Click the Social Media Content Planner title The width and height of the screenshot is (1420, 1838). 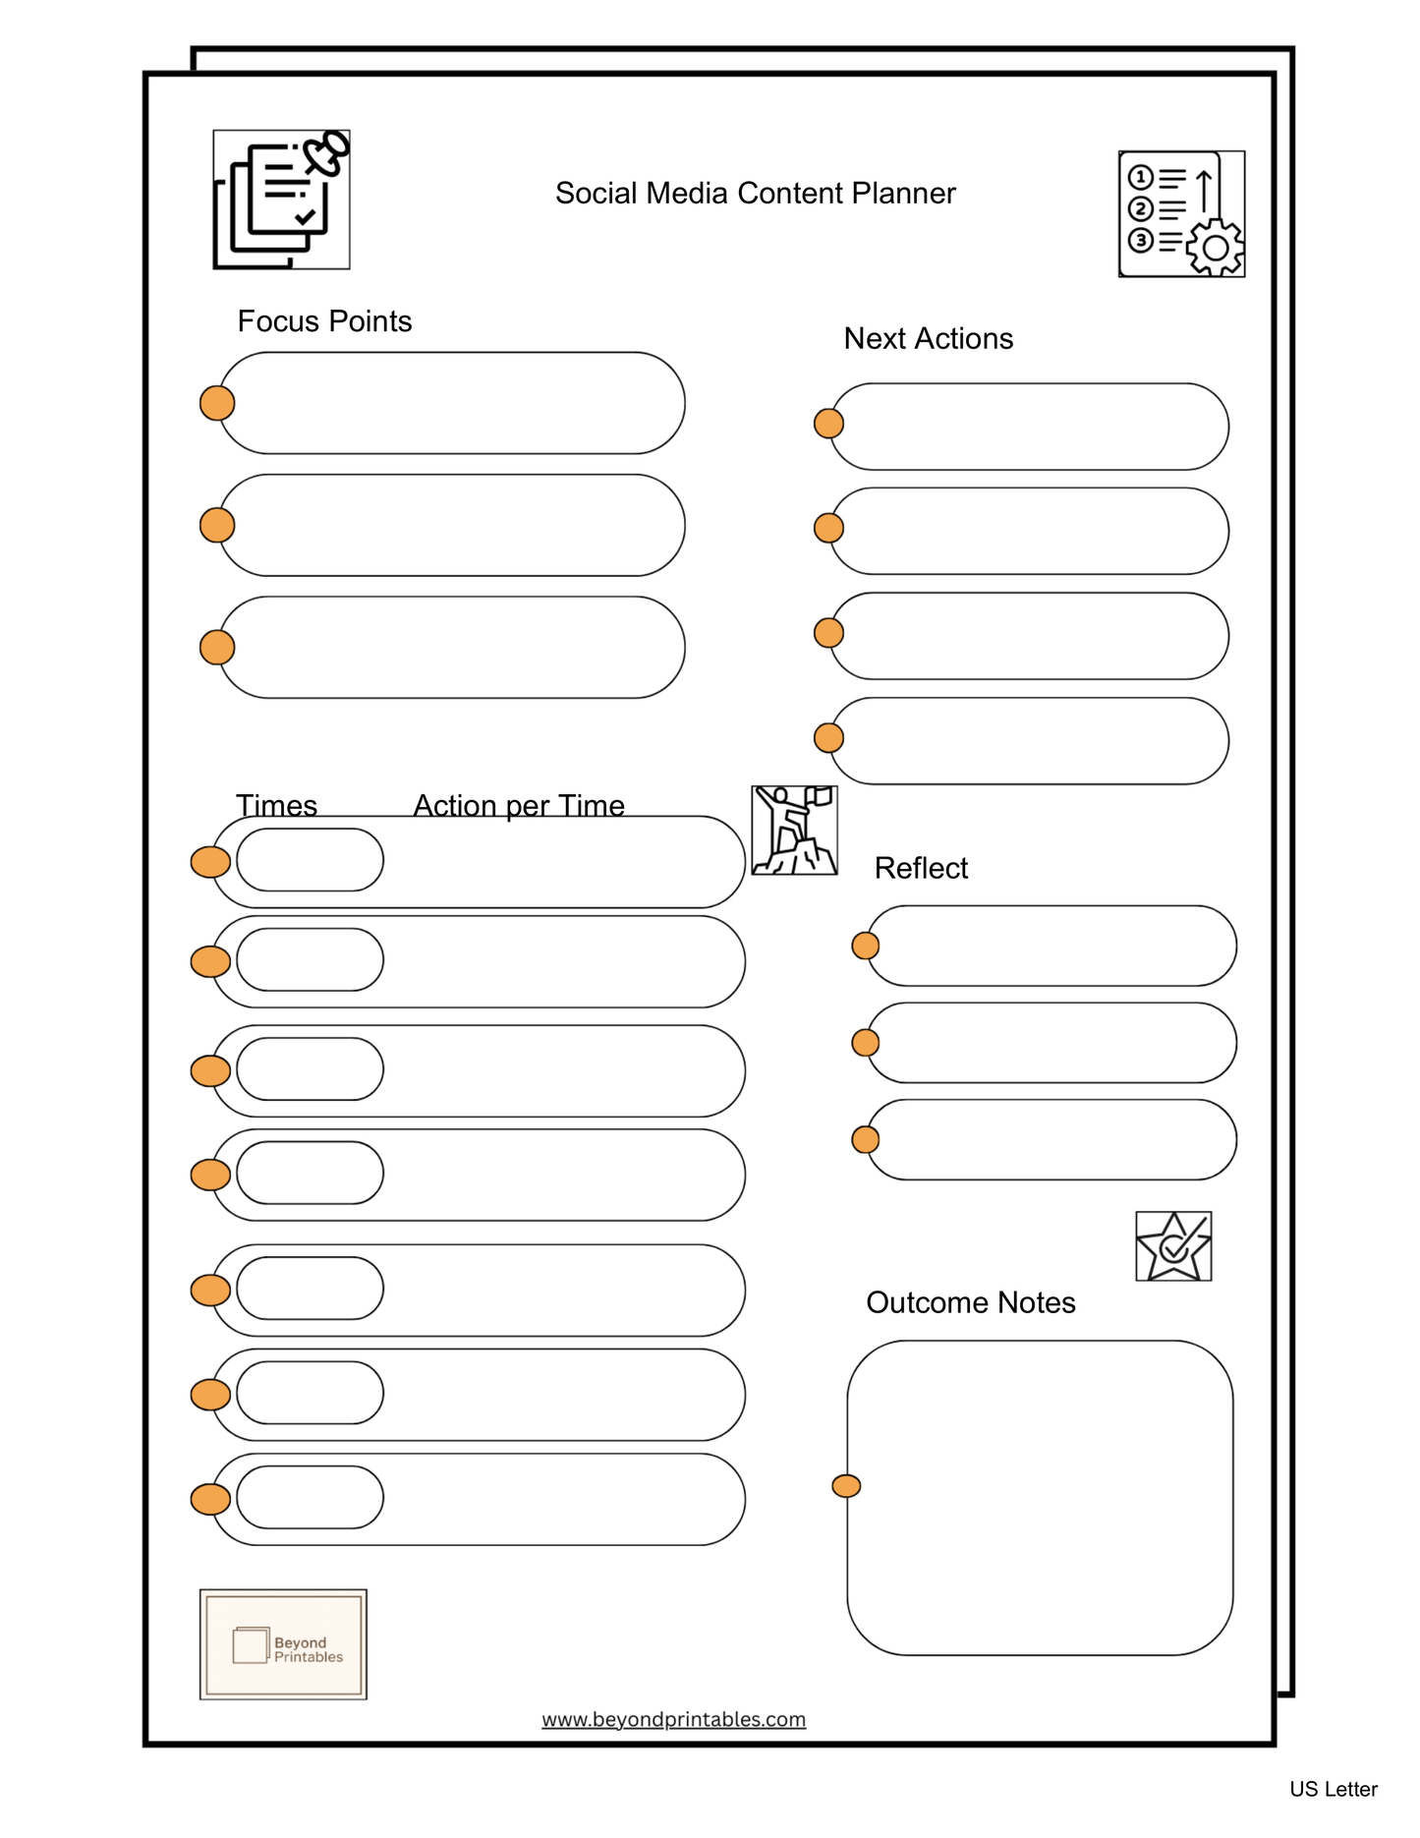[755, 194]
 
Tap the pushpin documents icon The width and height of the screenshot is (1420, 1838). [281, 200]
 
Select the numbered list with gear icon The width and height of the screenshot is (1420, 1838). [1181, 214]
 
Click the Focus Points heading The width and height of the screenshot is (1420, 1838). [324, 321]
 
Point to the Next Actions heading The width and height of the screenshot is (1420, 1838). [928, 338]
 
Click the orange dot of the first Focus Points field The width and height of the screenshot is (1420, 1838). [217, 403]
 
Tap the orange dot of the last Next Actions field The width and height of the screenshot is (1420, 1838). [828, 737]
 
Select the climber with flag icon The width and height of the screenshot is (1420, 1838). [794, 831]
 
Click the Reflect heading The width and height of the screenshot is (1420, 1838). [921, 868]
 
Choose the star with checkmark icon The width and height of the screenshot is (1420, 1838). [1173, 1246]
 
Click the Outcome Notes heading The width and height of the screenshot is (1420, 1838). [970, 1302]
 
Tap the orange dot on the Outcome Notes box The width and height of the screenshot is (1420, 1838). [846, 1486]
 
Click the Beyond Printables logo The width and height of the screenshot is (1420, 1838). [283, 1644]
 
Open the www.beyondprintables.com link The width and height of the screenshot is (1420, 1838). [673, 1719]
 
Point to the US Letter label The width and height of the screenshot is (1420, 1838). [1333, 1789]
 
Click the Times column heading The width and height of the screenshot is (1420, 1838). [276, 805]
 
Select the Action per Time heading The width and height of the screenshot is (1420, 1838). [519, 805]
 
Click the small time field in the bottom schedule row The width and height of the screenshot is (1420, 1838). [310, 1497]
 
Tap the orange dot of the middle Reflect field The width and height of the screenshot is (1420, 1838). [865, 1042]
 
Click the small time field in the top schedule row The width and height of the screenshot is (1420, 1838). [310, 860]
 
